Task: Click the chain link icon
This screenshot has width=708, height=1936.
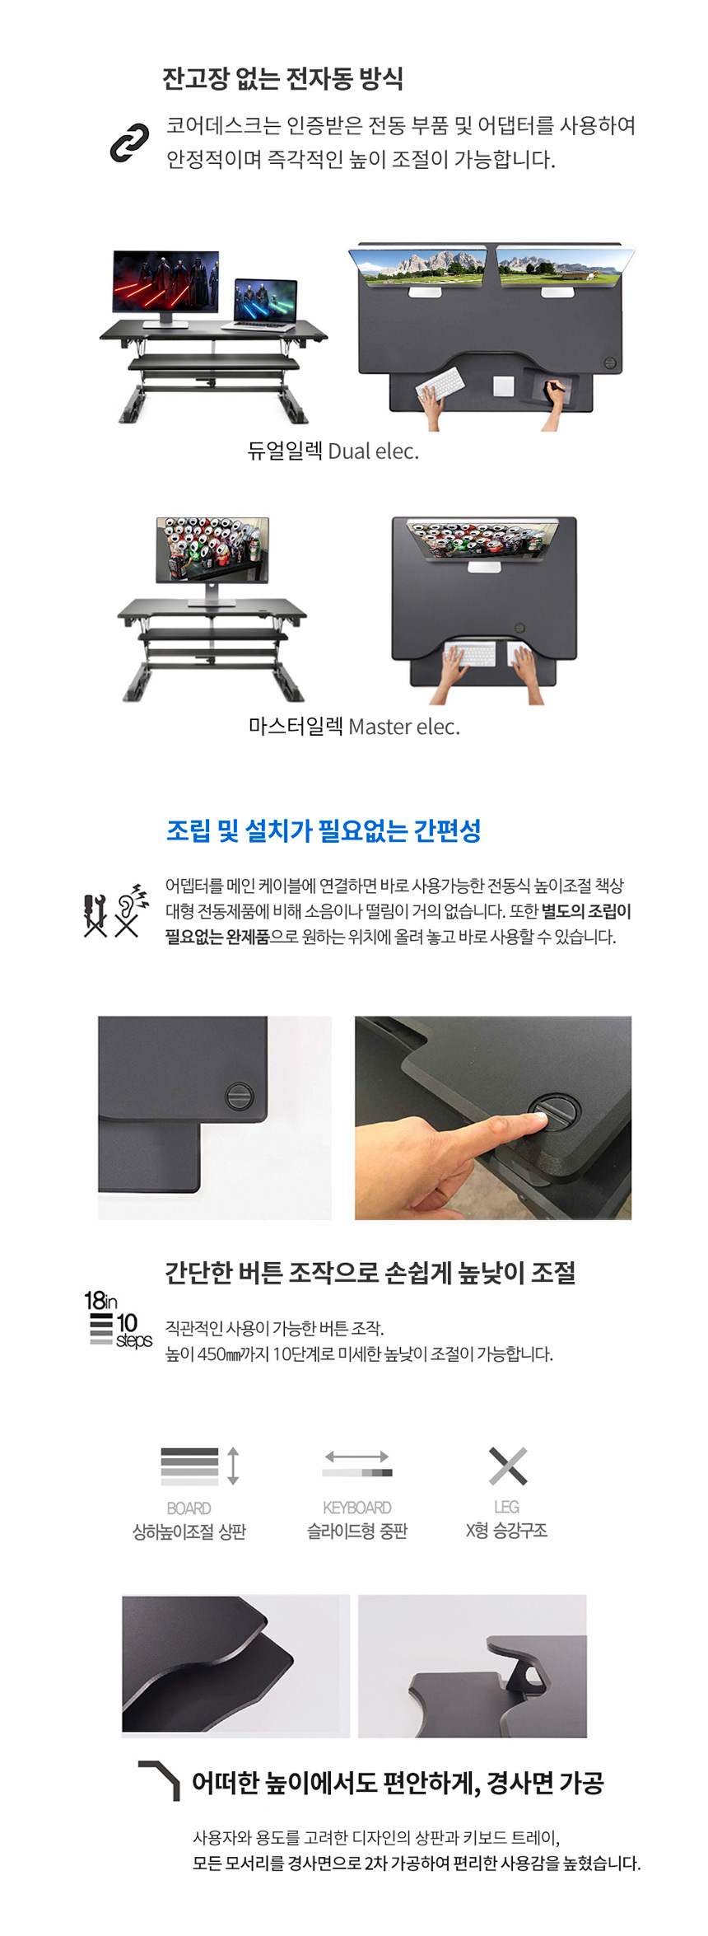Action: click(x=129, y=143)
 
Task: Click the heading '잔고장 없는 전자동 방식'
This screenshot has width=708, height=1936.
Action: click(x=282, y=79)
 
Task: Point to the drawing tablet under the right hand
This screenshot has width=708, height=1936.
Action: click(x=551, y=387)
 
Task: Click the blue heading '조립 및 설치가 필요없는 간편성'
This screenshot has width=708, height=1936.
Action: click(x=324, y=830)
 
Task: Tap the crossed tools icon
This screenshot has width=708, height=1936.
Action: click(x=95, y=914)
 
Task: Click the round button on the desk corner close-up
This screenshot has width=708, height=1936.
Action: click(x=239, y=1097)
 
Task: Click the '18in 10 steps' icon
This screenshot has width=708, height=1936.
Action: click(x=118, y=1318)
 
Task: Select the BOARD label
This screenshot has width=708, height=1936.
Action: click(x=189, y=1508)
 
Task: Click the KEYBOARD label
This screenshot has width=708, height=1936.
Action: click(x=356, y=1507)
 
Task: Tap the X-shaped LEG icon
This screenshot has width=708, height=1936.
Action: click(x=507, y=1466)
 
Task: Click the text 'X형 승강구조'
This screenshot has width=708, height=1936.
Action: click(x=506, y=1531)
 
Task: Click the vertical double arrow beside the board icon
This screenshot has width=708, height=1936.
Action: click(x=233, y=1466)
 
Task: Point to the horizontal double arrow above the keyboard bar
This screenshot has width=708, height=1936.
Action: click(x=356, y=1457)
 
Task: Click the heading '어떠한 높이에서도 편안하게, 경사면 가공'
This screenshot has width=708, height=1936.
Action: click(x=398, y=1783)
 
